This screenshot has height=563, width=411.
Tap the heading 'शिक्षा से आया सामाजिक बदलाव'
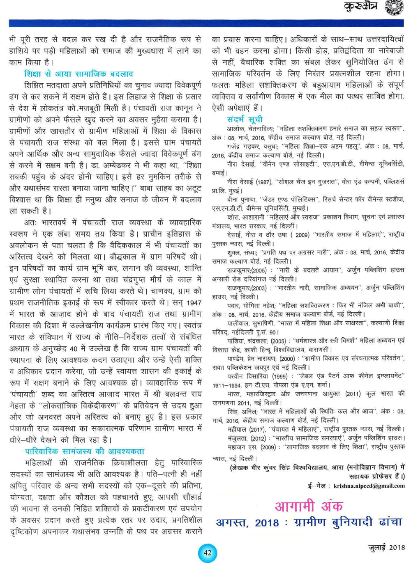coord(78,74)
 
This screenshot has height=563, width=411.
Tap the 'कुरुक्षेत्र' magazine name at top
coord(360,7)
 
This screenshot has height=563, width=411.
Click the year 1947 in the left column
coord(193,303)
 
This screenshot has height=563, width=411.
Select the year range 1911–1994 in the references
coord(227,385)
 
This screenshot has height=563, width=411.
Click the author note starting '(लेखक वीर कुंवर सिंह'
coord(317,467)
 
